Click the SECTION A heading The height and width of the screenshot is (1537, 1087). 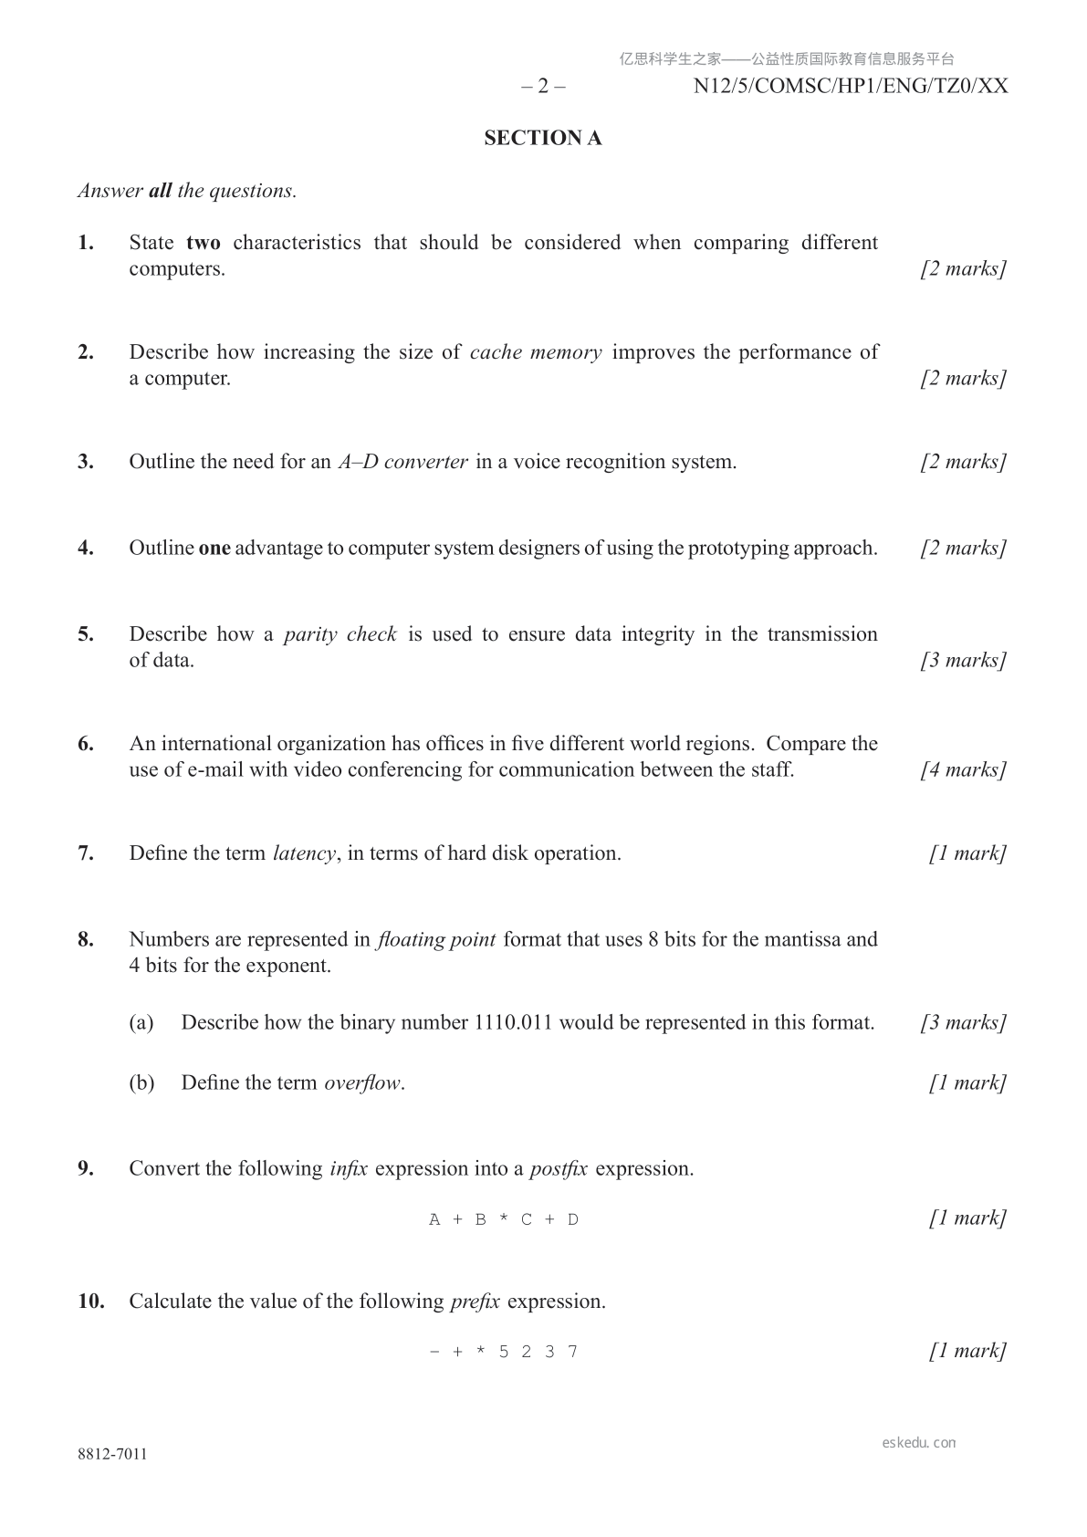point(542,138)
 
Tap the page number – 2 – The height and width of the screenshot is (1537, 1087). point(543,87)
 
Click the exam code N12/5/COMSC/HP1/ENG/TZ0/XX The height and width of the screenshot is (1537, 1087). point(851,87)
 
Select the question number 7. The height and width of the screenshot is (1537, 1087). point(86,853)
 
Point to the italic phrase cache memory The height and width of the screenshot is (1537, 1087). point(536,352)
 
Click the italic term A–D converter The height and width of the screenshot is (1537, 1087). point(403,462)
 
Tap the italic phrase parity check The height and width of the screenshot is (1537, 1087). point(340,634)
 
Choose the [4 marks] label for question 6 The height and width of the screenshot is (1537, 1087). point(963,769)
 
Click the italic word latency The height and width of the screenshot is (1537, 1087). point(305,853)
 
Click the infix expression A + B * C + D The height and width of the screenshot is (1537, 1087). point(504,1219)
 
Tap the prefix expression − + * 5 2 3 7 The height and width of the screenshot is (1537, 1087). point(504,1352)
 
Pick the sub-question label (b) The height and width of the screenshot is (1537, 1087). point(141,1083)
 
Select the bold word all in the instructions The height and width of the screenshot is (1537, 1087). point(160,191)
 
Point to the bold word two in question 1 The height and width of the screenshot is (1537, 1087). point(203,243)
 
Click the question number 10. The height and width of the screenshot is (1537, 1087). point(90,1302)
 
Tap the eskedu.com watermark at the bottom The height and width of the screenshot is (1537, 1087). point(919,1443)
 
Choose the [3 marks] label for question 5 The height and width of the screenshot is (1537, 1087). point(963,660)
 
